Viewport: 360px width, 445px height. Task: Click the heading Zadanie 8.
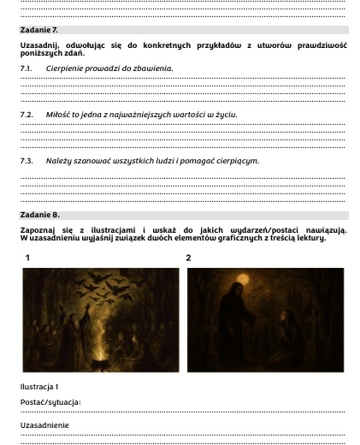38,214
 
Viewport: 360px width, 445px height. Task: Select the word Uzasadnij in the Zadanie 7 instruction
37,45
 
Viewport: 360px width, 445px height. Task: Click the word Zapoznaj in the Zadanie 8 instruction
38,230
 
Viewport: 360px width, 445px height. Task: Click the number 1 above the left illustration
28,257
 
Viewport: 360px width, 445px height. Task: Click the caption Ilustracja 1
39,386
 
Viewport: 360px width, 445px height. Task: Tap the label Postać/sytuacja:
50,401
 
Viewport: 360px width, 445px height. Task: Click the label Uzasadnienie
45,424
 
